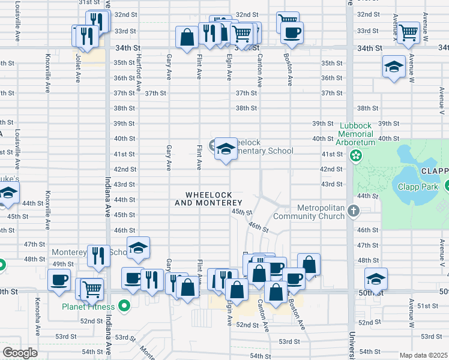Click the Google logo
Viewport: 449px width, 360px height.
(x=20, y=353)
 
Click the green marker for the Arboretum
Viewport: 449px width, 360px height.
(x=356, y=156)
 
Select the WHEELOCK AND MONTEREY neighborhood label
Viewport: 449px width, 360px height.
(x=208, y=199)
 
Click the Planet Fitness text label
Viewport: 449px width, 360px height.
(x=88, y=307)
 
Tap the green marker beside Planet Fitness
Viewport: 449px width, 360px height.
(x=125, y=307)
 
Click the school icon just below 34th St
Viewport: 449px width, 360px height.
(x=394, y=66)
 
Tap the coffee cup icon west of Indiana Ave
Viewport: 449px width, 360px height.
(x=59, y=280)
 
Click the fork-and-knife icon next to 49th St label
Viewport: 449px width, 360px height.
(x=98, y=256)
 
